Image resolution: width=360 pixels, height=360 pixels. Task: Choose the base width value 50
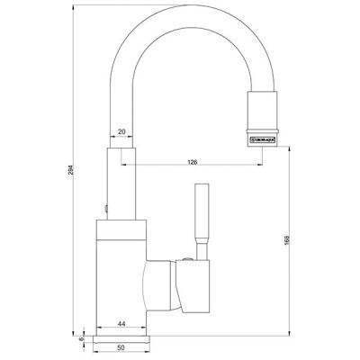[121, 346]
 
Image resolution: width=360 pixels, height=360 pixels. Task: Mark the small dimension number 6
[81, 338]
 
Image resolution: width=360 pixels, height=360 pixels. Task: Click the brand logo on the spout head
[261, 141]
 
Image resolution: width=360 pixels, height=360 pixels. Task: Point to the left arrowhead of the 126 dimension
[138, 168]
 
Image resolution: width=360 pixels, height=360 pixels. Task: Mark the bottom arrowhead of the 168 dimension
[291, 330]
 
